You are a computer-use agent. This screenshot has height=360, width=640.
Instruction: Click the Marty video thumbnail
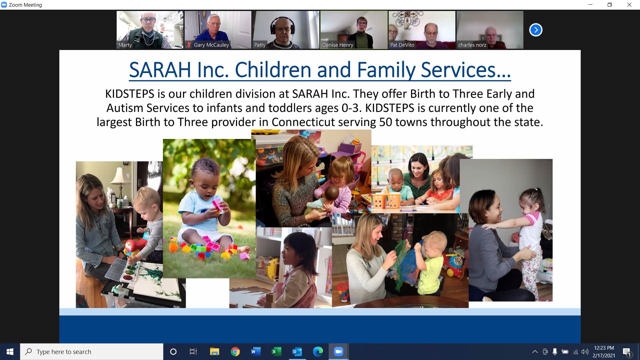click(x=150, y=30)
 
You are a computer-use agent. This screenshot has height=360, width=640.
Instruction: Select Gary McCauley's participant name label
click(x=211, y=45)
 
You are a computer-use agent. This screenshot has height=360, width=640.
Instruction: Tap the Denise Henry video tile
click(x=354, y=30)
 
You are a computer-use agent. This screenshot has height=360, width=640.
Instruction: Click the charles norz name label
click(x=472, y=45)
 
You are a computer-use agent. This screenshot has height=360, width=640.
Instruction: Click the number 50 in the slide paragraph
click(x=386, y=122)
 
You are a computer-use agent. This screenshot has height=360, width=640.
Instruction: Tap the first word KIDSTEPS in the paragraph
click(x=130, y=94)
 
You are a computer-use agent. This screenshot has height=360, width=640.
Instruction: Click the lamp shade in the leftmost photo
click(x=121, y=175)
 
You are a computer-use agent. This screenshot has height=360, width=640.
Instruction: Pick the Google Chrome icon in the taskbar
click(x=235, y=352)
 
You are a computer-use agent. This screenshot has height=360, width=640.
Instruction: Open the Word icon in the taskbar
click(x=256, y=352)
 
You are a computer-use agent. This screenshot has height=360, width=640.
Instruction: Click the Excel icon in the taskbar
click(x=276, y=352)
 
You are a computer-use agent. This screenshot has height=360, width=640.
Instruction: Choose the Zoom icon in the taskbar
click(x=339, y=352)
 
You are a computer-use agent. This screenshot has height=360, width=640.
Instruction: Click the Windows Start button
click(x=10, y=352)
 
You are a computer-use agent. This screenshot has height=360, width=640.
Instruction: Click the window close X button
click(x=629, y=5)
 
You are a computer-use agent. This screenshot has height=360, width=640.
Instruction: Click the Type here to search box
click(x=92, y=352)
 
